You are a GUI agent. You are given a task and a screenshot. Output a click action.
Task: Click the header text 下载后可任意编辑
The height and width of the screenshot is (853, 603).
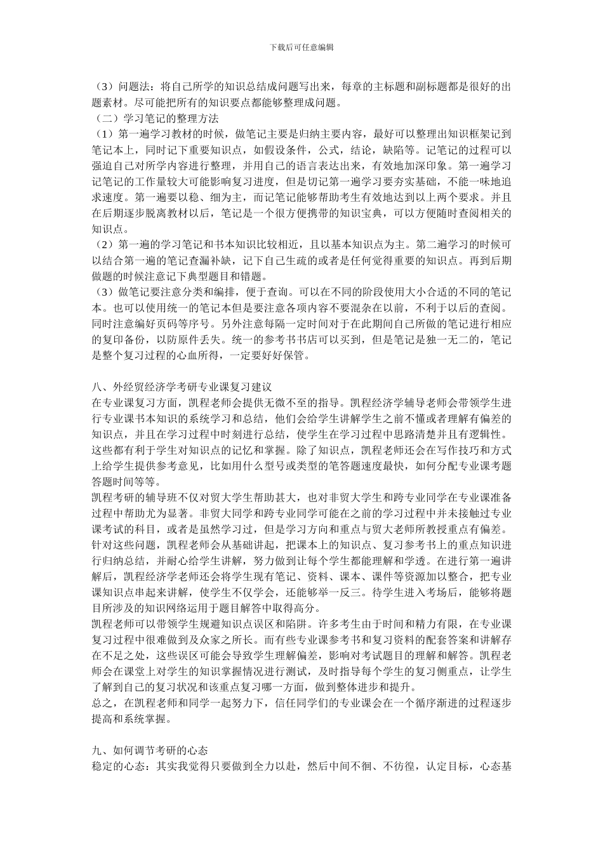(301, 47)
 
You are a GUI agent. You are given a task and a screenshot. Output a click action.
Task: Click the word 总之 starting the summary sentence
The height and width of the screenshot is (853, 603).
(102, 703)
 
